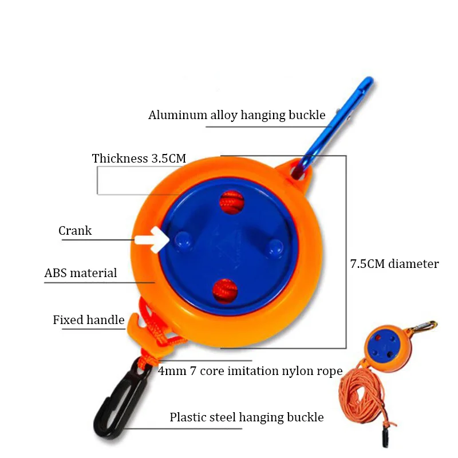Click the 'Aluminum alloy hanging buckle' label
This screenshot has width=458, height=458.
coord(236,115)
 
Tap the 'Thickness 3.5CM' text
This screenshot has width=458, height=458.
coord(139,159)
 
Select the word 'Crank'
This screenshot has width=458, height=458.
coord(75,231)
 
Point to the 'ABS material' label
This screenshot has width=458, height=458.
coord(81,273)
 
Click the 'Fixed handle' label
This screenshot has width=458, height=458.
coord(89,320)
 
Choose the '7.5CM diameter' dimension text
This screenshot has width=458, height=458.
coord(394,264)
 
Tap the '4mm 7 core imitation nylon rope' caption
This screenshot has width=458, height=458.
coord(250,371)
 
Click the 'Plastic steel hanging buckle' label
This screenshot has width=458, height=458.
coord(246,417)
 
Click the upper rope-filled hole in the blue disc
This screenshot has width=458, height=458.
coord(232,201)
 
